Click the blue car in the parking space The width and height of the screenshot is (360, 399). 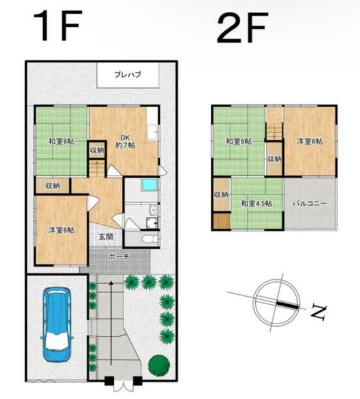click(57, 325)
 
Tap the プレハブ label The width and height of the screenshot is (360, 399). click(127, 75)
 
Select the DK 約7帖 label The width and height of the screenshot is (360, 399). click(125, 142)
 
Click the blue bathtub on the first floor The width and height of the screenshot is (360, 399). click(150, 185)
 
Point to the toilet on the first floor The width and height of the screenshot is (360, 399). click(150, 239)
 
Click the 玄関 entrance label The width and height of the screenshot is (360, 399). click(106, 237)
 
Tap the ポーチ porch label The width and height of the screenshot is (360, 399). click(119, 256)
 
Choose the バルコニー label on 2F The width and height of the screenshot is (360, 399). click(309, 203)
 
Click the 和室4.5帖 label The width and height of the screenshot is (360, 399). click(256, 204)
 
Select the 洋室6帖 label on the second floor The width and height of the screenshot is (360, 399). click(309, 142)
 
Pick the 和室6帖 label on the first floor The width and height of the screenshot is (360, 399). click(61, 142)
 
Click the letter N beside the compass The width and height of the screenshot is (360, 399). click(318, 313)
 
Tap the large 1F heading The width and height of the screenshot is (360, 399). click(58, 25)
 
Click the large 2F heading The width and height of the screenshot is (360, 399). click(242, 27)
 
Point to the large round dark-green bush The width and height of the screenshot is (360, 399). click(159, 365)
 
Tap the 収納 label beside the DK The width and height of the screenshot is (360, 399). click(97, 150)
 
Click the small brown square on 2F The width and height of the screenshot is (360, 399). click(221, 221)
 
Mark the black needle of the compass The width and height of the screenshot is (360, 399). click(288, 305)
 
